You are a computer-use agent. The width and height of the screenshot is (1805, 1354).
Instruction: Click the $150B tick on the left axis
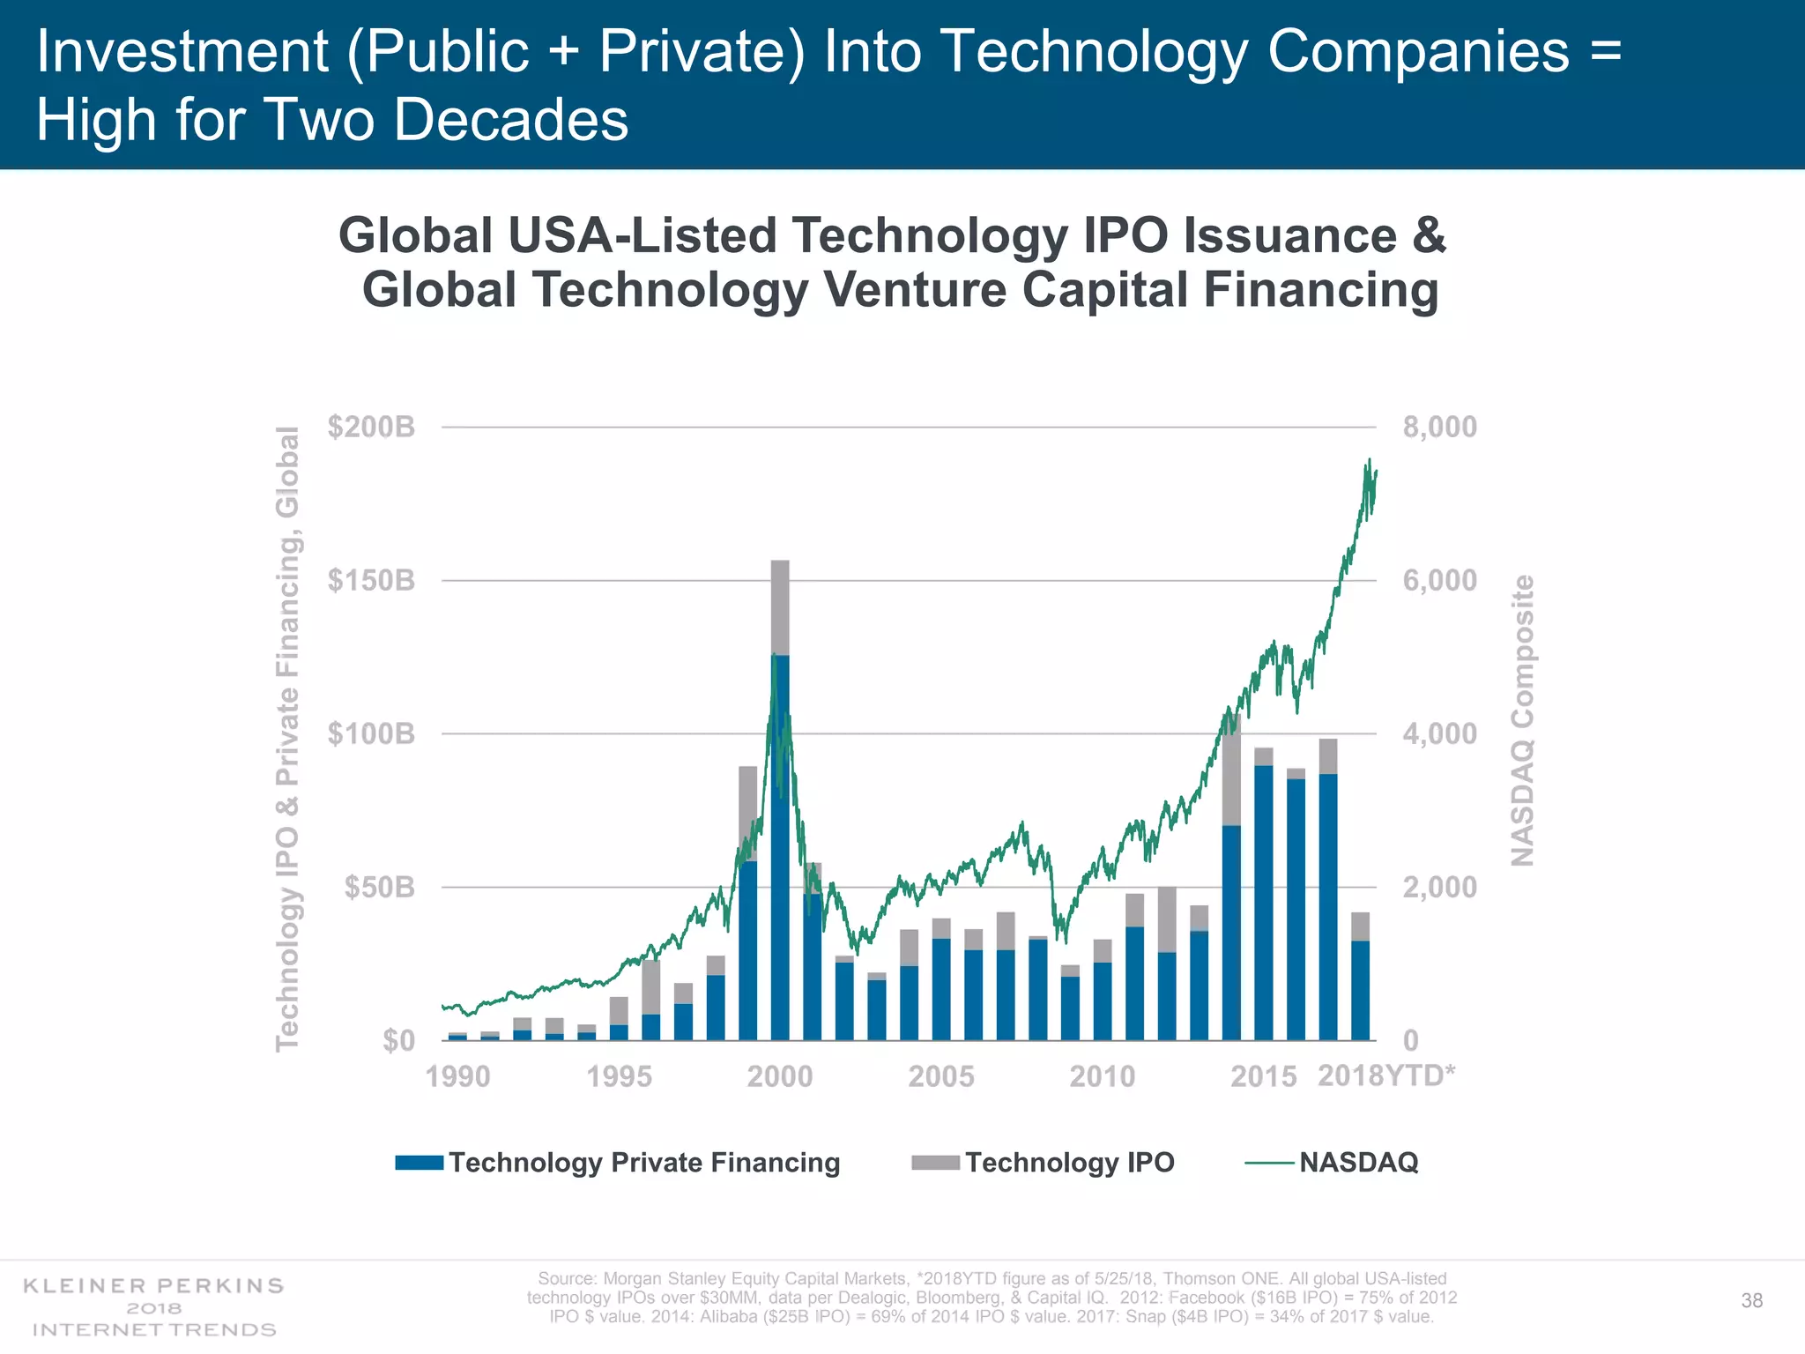coord(370,581)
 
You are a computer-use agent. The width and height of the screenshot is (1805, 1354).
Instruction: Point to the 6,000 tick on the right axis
coord(1439,581)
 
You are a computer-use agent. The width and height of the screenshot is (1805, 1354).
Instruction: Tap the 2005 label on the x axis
coord(940,1076)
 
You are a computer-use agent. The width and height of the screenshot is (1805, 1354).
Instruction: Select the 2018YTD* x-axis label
coord(1385,1075)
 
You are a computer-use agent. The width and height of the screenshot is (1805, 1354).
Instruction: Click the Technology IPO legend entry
coord(1069,1162)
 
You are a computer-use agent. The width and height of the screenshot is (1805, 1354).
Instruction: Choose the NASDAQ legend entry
coord(1357,1162)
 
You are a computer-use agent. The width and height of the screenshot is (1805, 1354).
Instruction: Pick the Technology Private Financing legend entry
coord(643,1162)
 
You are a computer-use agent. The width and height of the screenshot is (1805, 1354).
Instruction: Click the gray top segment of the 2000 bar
coord(780,608)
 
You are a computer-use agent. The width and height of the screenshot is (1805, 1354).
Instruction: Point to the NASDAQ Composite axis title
coord(1523,720)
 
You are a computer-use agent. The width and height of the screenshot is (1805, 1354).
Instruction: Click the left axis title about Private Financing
coord(287,738)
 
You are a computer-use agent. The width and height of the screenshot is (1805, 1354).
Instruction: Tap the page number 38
coord(1751,1300)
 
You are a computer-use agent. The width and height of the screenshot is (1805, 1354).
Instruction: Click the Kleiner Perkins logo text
coord(153,1285)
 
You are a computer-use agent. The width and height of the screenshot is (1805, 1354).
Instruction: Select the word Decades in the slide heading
coord(511,120)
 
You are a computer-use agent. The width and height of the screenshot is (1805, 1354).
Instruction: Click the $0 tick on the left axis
coord(397,1040)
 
